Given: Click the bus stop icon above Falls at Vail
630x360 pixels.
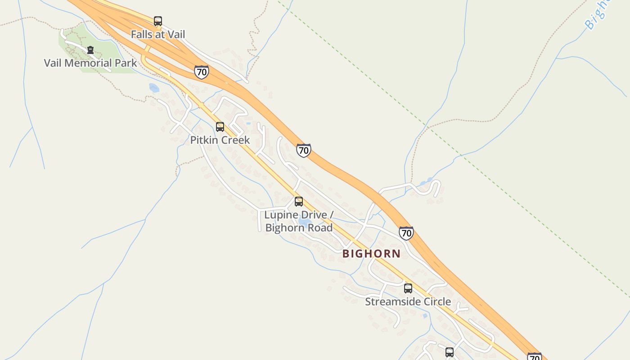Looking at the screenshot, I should [x=158, y=21].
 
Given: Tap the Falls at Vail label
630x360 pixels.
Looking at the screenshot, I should [x=158, y=34].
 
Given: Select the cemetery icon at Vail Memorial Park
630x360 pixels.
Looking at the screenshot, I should [x=90, y=50].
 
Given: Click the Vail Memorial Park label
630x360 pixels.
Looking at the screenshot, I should [x=90, y=63].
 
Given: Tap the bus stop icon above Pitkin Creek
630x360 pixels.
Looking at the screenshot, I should [x=220, y=127].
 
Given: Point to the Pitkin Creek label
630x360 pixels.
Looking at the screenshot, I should [x=220, y=140].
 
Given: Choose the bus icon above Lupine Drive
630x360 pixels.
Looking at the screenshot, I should [x=299, y=202].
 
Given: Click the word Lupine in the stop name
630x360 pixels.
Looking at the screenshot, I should [x=282, y=215].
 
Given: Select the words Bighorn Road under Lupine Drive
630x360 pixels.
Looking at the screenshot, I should [x=299, y=228].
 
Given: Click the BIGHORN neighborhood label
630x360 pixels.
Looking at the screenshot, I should [x=371, y=254].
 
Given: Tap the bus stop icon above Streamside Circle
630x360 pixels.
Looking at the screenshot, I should [x=408, y=288].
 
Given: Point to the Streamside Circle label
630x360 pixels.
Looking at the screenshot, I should [x=408, y=301].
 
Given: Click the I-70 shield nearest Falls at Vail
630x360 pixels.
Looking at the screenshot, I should [x=202, y=72].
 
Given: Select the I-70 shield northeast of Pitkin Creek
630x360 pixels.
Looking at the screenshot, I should [x=304, y=150].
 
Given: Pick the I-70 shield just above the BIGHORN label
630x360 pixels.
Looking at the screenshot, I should [x=406, y=233].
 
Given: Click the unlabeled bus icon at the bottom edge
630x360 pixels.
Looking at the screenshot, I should [x=450, y=352].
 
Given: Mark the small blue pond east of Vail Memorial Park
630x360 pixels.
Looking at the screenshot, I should [x=154, y=88].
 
